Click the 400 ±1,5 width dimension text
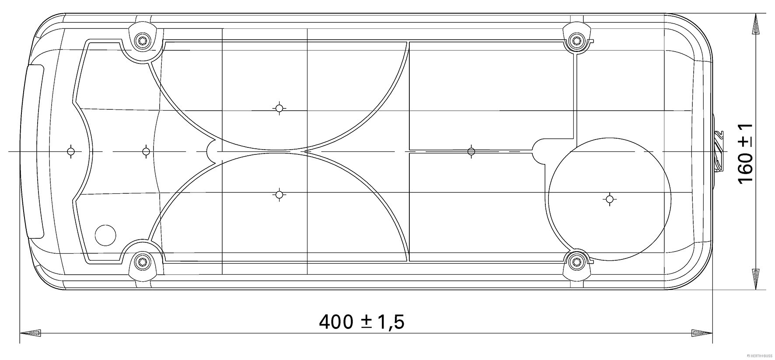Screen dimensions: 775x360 (362, 322)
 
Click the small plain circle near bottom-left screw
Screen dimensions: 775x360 (106, 235)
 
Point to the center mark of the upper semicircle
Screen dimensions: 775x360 (279, 108)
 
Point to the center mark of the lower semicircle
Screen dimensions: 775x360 (279, 194)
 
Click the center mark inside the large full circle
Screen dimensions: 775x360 (610, 199)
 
